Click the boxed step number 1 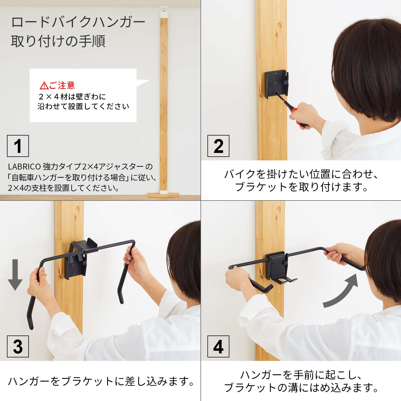18,146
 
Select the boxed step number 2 218,146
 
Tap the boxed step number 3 18,346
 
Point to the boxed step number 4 218,346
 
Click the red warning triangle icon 44,86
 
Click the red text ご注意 62,85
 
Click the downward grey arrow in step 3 15,275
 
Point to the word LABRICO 24,167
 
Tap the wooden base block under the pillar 163,195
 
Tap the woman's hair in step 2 369,67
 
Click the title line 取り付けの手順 58,41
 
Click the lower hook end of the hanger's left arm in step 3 30,318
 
